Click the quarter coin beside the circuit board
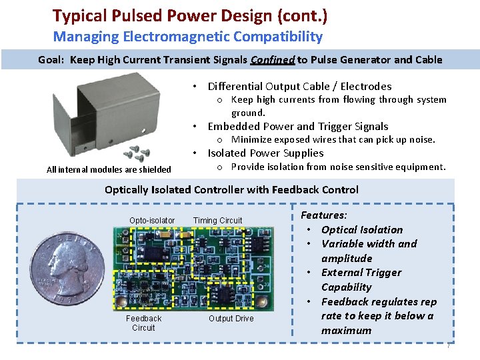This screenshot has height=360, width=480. coord(67,271)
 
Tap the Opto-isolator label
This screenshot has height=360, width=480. coord(152,221)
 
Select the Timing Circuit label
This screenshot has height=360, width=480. coord(217,221)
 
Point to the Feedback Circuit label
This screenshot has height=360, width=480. coord(143,323)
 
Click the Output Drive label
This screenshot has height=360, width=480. coord(231,319)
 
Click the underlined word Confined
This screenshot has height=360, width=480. coord(272,60)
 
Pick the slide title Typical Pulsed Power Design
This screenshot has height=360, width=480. coord(190,15)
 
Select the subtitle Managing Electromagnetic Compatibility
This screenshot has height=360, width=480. coord(187,37)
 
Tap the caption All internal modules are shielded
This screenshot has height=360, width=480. coord(109,170)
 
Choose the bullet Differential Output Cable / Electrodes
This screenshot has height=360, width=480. coord(299,86)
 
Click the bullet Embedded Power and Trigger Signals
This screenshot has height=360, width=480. coord(297,126)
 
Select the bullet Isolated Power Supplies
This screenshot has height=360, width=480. coord(275,153)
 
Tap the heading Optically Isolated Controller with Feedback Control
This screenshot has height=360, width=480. coord(231,190)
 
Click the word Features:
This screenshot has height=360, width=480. coord(324,215)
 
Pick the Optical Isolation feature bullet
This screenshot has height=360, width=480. coord(361,229)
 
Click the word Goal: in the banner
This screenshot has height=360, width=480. coord(52,60)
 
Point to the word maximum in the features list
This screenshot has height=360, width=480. coord(347,331)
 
